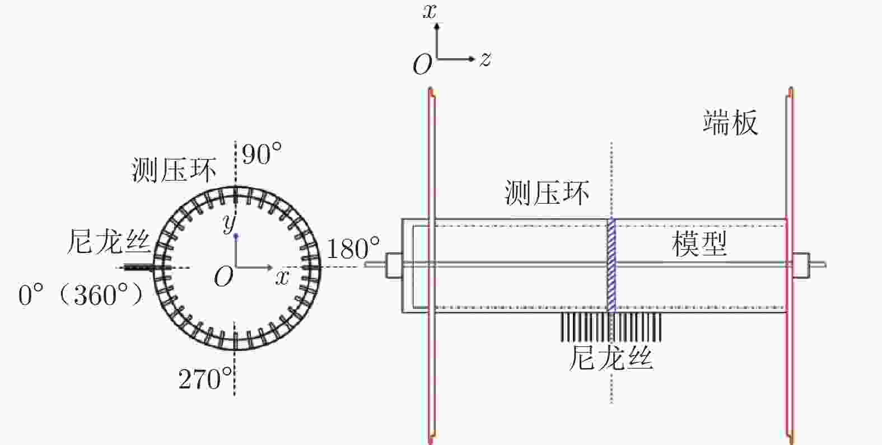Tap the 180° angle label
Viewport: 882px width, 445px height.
tap(353, 249)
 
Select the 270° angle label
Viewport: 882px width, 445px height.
tap(205, 378)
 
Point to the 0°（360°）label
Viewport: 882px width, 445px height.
tap(81, 294)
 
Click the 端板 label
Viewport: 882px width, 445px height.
tap(730, 123)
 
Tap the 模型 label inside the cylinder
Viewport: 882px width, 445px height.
tap(699, 244)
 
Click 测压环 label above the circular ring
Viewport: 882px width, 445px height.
tap(174, 170)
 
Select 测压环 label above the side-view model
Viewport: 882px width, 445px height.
tap(547, 193)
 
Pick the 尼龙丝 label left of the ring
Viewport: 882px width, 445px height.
tap(109, 241)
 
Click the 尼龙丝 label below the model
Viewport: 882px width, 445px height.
tap(611, 358)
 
